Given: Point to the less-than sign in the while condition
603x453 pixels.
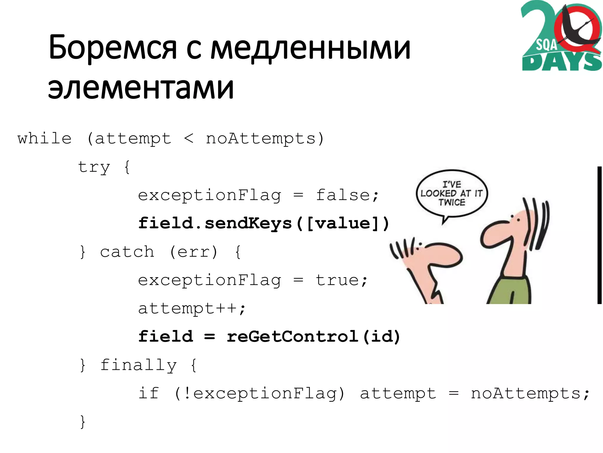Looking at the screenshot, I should (188, 138).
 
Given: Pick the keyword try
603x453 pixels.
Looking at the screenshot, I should (94, 167).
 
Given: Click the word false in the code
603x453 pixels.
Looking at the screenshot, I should (343, 195).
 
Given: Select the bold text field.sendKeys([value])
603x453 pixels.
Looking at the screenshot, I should (264, 223).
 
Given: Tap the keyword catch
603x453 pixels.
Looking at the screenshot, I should (127, 252).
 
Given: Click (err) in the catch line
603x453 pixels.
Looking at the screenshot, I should (193, 252).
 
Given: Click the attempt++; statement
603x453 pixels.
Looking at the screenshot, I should (192, 308).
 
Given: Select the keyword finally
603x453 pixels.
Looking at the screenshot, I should (138, 365).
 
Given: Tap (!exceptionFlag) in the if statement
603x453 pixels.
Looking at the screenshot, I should (259, 393).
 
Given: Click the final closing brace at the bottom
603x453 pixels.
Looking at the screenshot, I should (83, 421).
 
